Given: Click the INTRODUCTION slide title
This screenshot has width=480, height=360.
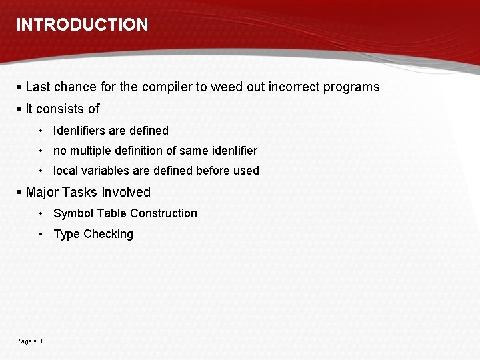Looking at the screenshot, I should tap(82, 25).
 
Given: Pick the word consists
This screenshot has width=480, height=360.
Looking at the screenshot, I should tap(61, 109).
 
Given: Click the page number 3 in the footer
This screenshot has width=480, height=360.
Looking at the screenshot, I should tap(40, 341).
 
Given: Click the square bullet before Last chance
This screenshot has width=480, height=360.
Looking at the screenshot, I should tap(19, 87).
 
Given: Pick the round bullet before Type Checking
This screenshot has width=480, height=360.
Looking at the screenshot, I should tap(41, 234).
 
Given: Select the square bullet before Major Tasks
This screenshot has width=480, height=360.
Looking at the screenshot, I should tap(19, 193).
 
